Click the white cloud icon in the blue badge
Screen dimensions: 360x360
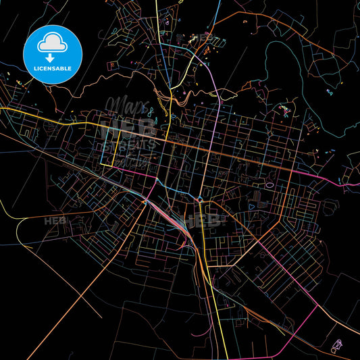coord(52,43)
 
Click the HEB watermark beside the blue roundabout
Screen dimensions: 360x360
coord(208,220)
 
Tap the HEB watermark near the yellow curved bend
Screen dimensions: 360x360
coord(56,220)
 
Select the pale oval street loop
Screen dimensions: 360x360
coord(269,184)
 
